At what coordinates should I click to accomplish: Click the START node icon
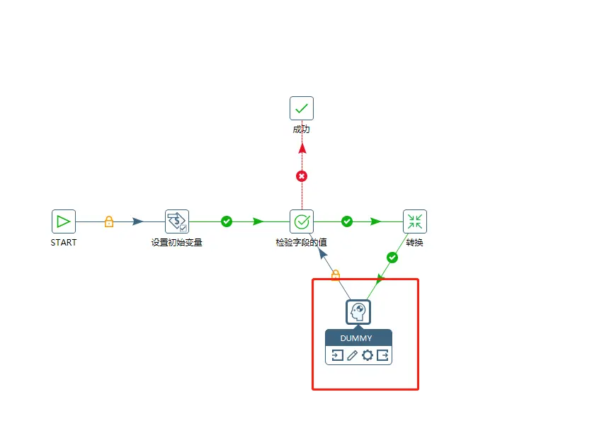point(64,221)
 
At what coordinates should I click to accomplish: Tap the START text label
point(64,243)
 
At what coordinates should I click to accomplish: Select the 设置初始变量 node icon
point(176,221)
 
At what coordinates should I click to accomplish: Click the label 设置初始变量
point(176,243)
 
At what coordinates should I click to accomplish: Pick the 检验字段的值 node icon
point(302,221)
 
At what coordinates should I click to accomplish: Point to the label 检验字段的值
point(302,243)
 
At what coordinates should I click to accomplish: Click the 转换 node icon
point(415,221)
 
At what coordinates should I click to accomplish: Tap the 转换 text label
point(415,243)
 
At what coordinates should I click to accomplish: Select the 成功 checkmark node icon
point(302,108)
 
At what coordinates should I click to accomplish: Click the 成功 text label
point(302,129)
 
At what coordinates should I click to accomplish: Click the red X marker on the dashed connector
point(302,175)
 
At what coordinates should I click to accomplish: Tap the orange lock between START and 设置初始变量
point(109,221)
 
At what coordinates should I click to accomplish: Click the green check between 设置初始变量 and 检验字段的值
point(227,221)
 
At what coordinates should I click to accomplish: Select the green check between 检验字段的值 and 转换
point(347,221)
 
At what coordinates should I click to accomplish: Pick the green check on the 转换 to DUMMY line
point(392,258)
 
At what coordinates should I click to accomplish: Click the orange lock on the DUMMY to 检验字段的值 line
point(336,275)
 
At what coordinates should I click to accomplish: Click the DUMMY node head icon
point(358,312)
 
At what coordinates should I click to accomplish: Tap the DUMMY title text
point(358,338)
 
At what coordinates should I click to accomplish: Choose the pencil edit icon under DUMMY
point(352,355)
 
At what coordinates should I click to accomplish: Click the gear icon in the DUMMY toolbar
point(367,355)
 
